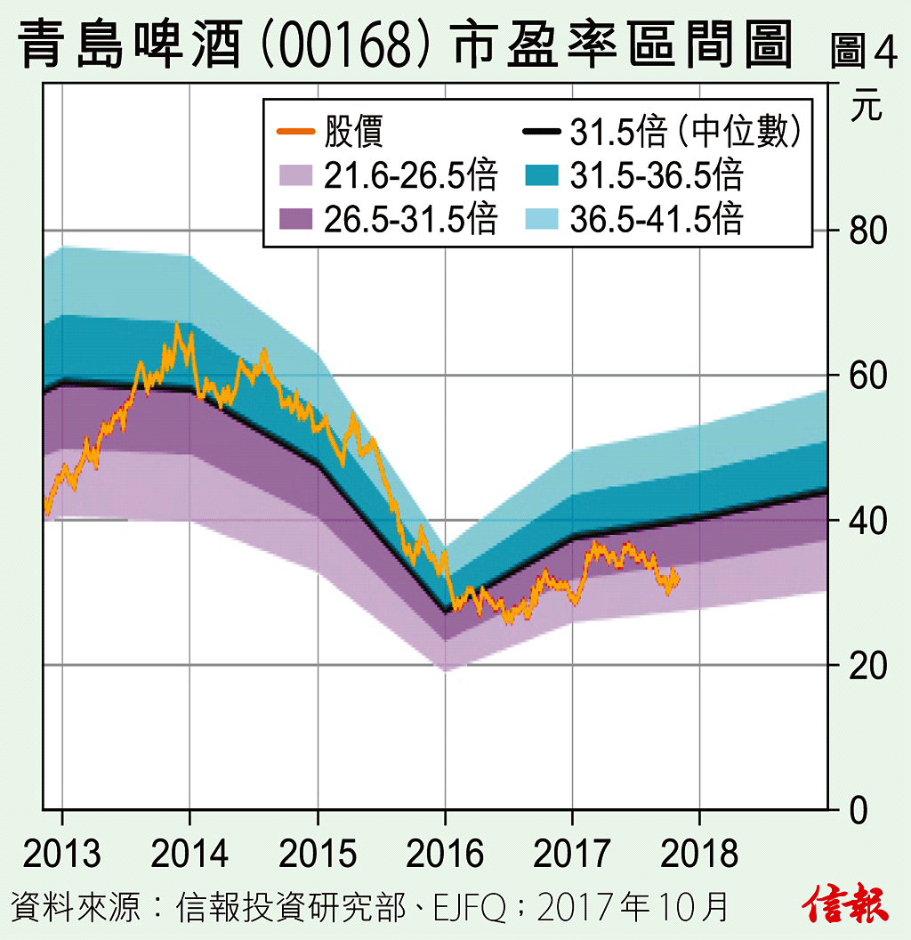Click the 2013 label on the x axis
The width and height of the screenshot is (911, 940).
pyautogui.click(x=61, y=854)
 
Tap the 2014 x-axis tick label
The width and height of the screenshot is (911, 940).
pyautogui.click(x=189, y=854)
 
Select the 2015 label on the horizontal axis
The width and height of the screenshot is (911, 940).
pyautogui.click(x=318, y=854)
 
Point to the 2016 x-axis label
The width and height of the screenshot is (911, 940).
pyautogui.click(x=445, y=854)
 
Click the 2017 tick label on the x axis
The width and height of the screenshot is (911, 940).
pyautogui.click(x=572, y=854)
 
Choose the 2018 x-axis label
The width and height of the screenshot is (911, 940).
pyautogui.click(x=700, y=854)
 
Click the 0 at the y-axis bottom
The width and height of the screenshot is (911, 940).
pyautogui.click(x=857, y=811)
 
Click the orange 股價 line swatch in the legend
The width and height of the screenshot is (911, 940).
pyautogui.click(x=295, y=132)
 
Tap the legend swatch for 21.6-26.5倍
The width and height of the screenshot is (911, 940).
pyautogui.click(x=295, y=175)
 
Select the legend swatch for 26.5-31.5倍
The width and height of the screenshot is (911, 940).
pyautogui.click(x=295, y=219)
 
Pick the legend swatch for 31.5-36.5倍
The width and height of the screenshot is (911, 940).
pyautogui.click(x=541, y=175)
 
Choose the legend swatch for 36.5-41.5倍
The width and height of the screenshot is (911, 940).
pyautogui.click(x=541, y=219)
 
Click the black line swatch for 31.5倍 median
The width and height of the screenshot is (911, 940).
pyautogui.click(x=541, y=132)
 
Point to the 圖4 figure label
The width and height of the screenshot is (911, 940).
pyautogui.click(x=863, y=52)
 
